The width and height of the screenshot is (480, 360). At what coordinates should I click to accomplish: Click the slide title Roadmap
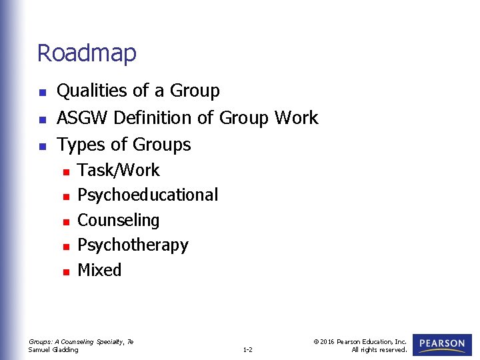[x=87, y=53]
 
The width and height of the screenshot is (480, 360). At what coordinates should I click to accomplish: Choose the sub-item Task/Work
[x=119, y=171]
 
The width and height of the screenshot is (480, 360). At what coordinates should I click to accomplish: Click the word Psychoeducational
[x=147, y=195]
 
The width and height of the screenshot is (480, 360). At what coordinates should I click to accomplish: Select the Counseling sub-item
[x=119, y=221]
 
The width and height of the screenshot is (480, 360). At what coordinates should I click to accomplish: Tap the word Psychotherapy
[x=133, y=245]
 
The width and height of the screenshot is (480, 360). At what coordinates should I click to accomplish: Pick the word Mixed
[x=99, y=270]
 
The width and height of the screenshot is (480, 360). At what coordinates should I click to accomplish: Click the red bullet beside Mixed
[x=65, y=271]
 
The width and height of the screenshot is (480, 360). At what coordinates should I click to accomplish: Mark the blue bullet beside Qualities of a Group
[x=43, y=92]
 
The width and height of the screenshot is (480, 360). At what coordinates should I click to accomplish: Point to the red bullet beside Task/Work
[x=65, y=171]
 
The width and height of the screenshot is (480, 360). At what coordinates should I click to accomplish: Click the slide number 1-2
[x=247, y=349]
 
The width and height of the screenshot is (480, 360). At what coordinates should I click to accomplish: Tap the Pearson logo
[x=442, y=344]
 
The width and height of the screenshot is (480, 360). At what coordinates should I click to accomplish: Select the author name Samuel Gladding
[x=53, y=349]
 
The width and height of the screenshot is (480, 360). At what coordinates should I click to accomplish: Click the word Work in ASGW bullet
[x=296, y=118]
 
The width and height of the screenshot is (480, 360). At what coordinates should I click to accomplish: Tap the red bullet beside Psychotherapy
[x=65, y=247]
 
